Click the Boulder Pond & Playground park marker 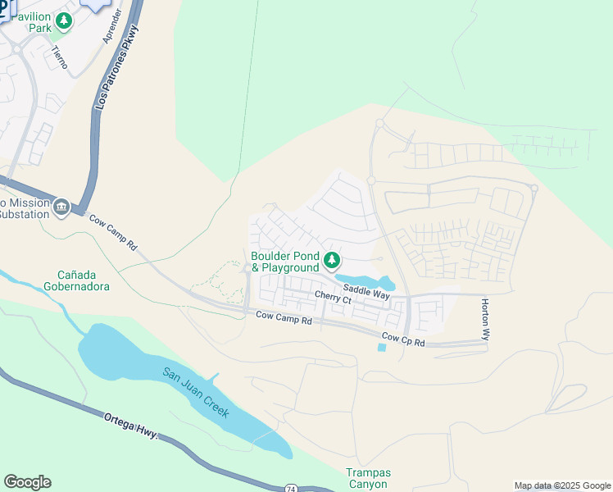click(x=332, y=261)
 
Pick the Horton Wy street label click(x=485, y=319)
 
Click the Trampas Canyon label click(x=367, y=478)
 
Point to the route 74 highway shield click(x=292, y=488)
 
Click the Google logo click(x=27, y=482)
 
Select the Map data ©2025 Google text click(x=562, y=485)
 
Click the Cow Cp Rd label click(x=403, y=339)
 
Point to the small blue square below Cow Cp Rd click(x=382, y=348)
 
